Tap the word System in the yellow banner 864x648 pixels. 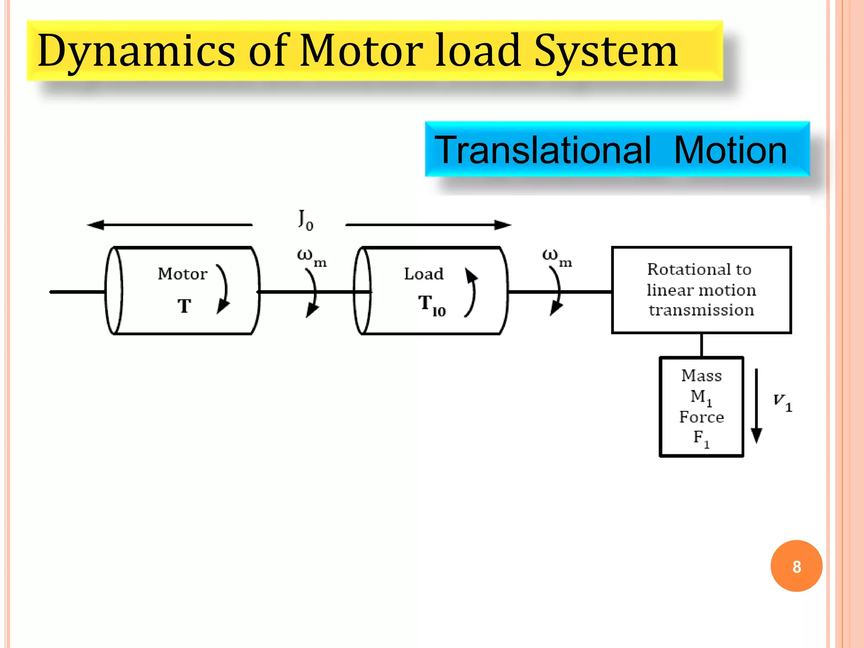click(606, 51)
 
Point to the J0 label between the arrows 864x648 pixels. click(305, 220)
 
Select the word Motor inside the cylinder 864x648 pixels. click(182, 274)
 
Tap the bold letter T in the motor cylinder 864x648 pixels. click(184, 306)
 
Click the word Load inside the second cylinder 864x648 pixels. click(424, 274)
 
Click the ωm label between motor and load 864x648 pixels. click(311, 257)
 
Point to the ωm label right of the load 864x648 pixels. click(556, 257)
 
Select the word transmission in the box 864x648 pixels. click(701, 310)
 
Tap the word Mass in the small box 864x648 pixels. click(701, 375)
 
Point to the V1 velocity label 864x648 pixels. click(782, 402)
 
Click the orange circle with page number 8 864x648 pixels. click(796, 566)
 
